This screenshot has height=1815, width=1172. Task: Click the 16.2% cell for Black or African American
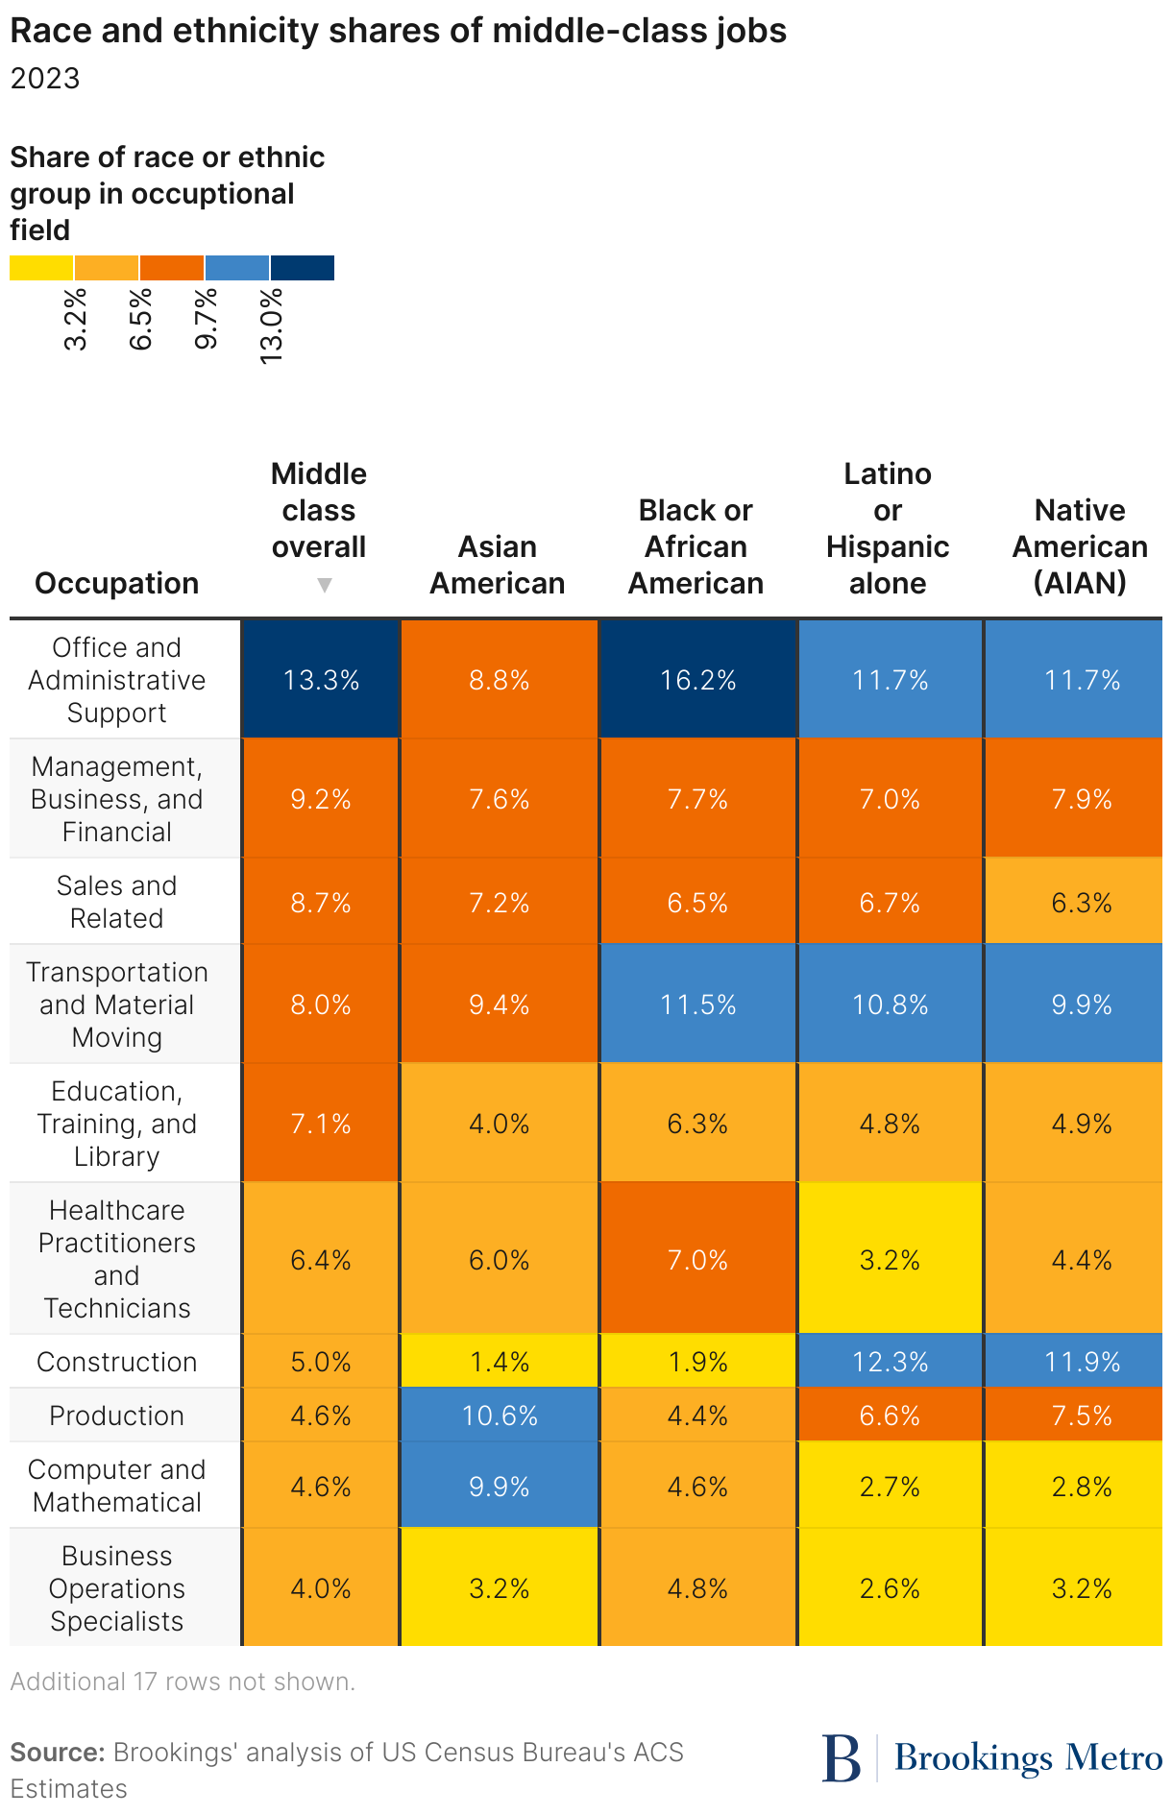[x=697, y=680]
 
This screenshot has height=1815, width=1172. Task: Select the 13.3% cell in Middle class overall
[x=321, y=680]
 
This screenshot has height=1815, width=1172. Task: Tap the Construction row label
[x=117, y=1362]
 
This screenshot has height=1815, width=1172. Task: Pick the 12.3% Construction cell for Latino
[x=890, y=1362]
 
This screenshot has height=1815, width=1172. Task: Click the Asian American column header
[x=498, y=565]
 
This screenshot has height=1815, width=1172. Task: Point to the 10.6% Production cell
[x=500, y=1416]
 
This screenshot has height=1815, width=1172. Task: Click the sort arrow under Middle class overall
[x=325, y=585]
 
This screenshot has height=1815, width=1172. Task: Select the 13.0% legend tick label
[x=272, y=325]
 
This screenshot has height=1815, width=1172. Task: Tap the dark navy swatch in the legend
[x=303, y=268]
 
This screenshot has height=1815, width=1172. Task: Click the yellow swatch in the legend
[x=41, y=268]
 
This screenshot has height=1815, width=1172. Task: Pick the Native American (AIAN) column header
[x=1080, y=546]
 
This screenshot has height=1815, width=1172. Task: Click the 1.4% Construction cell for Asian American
[x=500, y=1362]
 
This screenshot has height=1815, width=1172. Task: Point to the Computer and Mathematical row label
[x=117, y=1486]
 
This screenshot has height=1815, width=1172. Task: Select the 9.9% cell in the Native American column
[x=1082, y=1004]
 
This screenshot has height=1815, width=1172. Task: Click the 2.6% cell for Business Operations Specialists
[x=890, y=1588]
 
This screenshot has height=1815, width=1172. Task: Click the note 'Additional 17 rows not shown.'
[x=183, y=1682]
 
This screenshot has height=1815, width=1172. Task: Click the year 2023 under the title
[x=45, y=78]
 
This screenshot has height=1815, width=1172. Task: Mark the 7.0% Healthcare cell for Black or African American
[x=697, y=1260]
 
